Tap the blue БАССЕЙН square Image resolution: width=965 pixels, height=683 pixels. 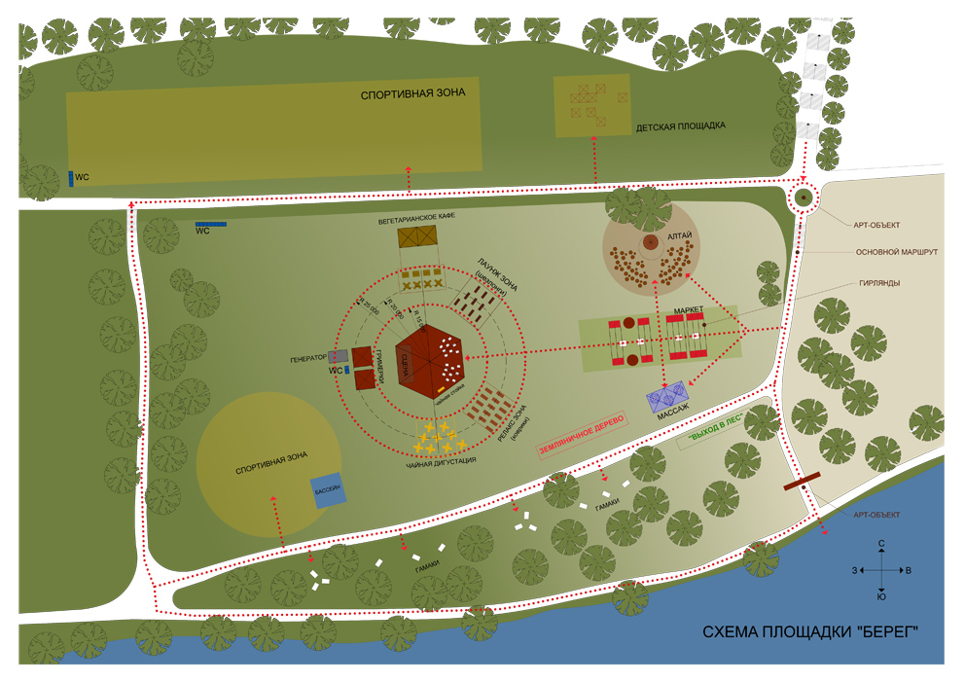pyautogui.click(x=328, y=490)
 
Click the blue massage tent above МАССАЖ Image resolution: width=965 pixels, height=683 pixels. pyautogui.click(x=670, y=397)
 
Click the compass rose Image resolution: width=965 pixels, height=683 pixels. pyautogui.click(x=881, y=570)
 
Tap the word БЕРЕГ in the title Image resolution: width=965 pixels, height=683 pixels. pyautogui.click(x=879, y=633)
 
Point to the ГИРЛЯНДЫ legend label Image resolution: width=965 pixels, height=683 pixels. pyautogui.click(x=879, y=283)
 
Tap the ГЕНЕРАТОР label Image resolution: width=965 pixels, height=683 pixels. pyautogui.click(x=308, y=359)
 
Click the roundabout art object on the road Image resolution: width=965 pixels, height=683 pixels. pyautogui.click(x=804, y=198)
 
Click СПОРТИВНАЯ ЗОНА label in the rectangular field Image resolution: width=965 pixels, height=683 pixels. pyautogui.click(x=412, y=94)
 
